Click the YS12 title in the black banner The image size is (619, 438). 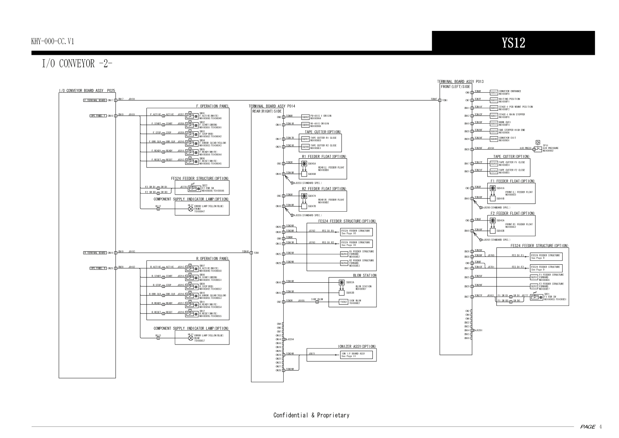pos(513,43)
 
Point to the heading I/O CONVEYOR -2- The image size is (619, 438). pos(77,64)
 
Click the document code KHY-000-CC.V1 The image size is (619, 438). pos(53,41)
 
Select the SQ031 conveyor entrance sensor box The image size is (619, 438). pos(494,92)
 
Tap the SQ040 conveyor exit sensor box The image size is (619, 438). pos(494,139)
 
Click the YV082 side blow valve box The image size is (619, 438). pos(343,302)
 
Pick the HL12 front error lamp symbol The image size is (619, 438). pos(191,209)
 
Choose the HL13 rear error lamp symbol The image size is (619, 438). pos(191,338)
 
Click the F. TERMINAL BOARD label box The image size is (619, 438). pos(95,100)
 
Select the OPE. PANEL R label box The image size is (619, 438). pos(98,268)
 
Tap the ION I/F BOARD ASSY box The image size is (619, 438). pos(356,355)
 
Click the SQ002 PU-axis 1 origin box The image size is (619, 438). pos(305,117)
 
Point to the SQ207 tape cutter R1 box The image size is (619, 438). pos(305,139)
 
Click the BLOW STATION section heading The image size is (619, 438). pos(365,275)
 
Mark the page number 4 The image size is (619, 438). pos(601,427)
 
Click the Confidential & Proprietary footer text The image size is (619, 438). pos(311,415)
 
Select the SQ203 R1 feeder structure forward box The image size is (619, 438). pos(344,254)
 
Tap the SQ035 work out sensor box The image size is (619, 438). pos(494,124)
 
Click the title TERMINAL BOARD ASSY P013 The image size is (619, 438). pos(460,82)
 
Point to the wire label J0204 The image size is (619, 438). pos(291,339)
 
